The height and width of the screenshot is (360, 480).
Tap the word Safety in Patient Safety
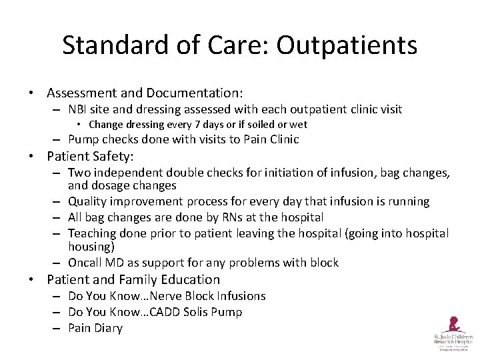(112, 157)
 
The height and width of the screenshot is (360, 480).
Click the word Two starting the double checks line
(79, 173)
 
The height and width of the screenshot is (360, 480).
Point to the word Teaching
(92, 233)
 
